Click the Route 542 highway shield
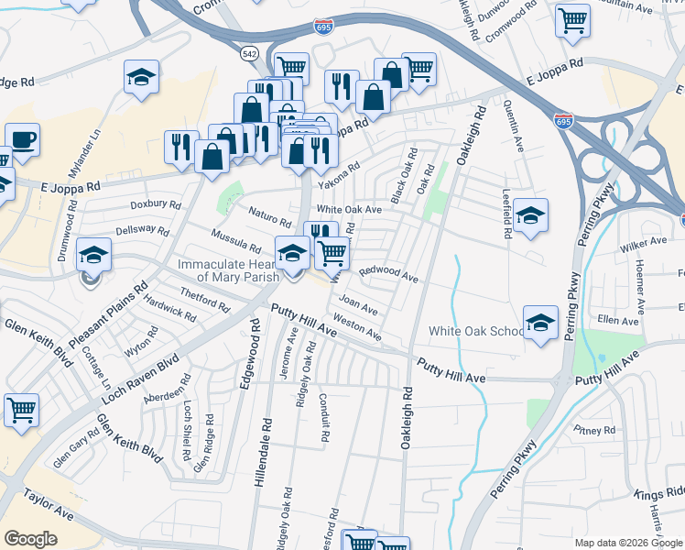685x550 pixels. [x=250, y=53]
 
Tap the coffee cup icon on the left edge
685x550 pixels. [x=22, y=139]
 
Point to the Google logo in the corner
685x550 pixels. [x=30, y=539]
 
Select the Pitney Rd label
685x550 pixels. [x=595, y=430]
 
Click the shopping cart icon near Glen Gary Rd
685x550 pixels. [x=20, y=411]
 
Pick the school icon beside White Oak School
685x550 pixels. [x=540, y=323]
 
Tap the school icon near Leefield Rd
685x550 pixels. [x=530, y=215]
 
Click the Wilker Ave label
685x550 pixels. [x=644, y=242]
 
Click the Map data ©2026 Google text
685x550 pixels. [x=627, y=543]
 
